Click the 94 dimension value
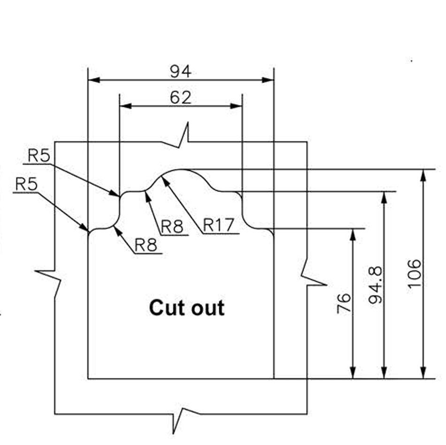(x=181, y=71)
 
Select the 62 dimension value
(x=181, y=98)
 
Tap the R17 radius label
(x=218, y=226)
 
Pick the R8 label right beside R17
(x=172, y=227)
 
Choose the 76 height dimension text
(x=344, y=304)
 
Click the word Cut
(x=165, y=308)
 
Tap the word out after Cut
(x=208, y=308)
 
